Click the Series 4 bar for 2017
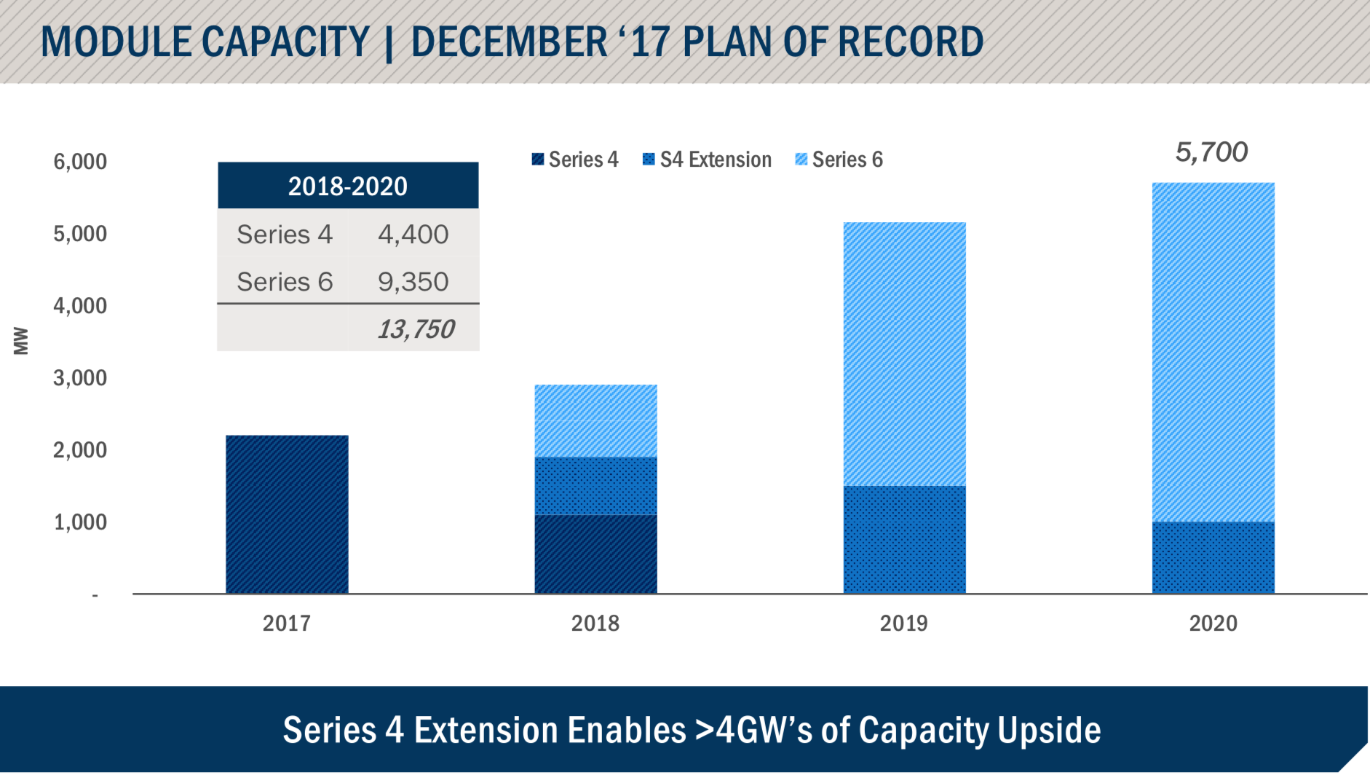[287, 514]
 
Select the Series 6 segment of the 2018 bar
[595, 420]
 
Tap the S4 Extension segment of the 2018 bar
[595, 485]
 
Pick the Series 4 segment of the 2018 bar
[595, 554]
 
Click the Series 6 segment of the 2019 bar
[904, 354]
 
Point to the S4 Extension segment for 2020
[1213, 557]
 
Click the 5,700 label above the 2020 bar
[1211, 152]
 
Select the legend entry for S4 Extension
[707, 160]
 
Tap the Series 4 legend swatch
[538, 160]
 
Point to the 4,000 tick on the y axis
[80, 305]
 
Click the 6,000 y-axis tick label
[80, 161]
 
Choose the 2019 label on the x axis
[904, 623]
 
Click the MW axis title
[21, 341]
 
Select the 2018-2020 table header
[348, 186]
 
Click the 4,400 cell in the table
[413, 235]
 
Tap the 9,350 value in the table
[413, 282]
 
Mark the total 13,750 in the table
[416, 329]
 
